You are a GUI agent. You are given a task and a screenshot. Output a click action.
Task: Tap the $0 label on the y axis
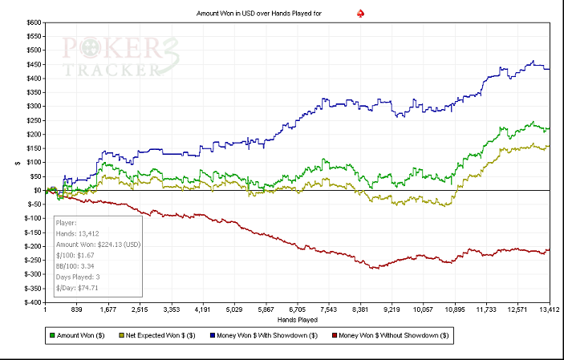coord(36,190)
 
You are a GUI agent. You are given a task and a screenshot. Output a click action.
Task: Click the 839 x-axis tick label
coord(77,309)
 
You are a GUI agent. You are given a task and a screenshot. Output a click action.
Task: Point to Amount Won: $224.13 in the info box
coord(98,243)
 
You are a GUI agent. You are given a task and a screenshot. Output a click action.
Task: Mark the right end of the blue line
coord(550,68)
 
